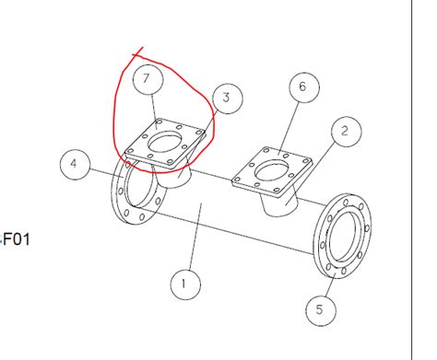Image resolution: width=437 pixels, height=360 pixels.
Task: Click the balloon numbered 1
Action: click(x=183, y=284)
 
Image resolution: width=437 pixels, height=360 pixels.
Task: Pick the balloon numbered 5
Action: click(x=319, y=308)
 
